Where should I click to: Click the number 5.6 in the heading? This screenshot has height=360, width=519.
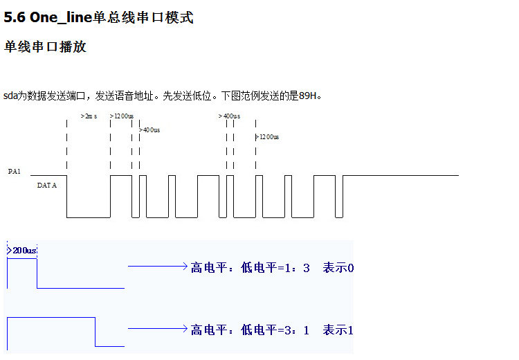(15, 18)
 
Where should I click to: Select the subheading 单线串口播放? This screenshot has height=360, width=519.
(45, 47)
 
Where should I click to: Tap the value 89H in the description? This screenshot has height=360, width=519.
(308, 96)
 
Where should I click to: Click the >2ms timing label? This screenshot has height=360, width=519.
(89, 116)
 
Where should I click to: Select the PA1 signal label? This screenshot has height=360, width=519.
(14, 170)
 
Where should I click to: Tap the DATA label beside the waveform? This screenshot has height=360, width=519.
(46, 186)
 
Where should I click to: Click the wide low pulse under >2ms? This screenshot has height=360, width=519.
(89, 216)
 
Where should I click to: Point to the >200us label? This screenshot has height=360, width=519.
(22, 250)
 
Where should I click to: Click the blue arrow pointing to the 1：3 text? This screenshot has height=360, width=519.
(158, 266)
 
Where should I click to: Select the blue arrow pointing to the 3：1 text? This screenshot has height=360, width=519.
(158, 328)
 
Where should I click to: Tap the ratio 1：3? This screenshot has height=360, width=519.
(297, 267)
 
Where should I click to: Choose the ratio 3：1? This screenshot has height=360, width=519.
(297, 330)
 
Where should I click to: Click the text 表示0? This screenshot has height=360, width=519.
(338, 267)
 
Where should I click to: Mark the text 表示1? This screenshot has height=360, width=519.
(338, 330)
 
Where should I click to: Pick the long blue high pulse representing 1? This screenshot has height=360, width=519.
(51, 318)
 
